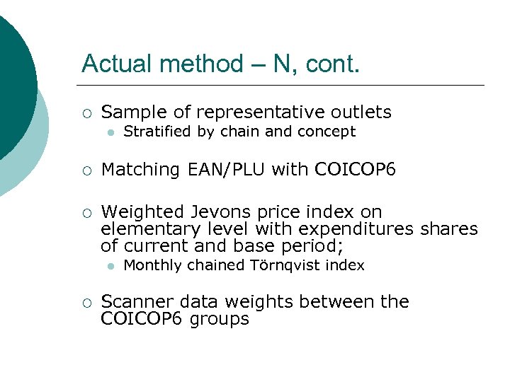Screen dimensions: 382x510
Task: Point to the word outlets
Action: point(361,112)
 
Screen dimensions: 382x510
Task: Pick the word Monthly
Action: point(150,266)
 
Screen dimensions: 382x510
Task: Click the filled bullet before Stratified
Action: point(110,132)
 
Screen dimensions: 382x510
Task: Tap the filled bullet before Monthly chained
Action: point(110,267)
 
